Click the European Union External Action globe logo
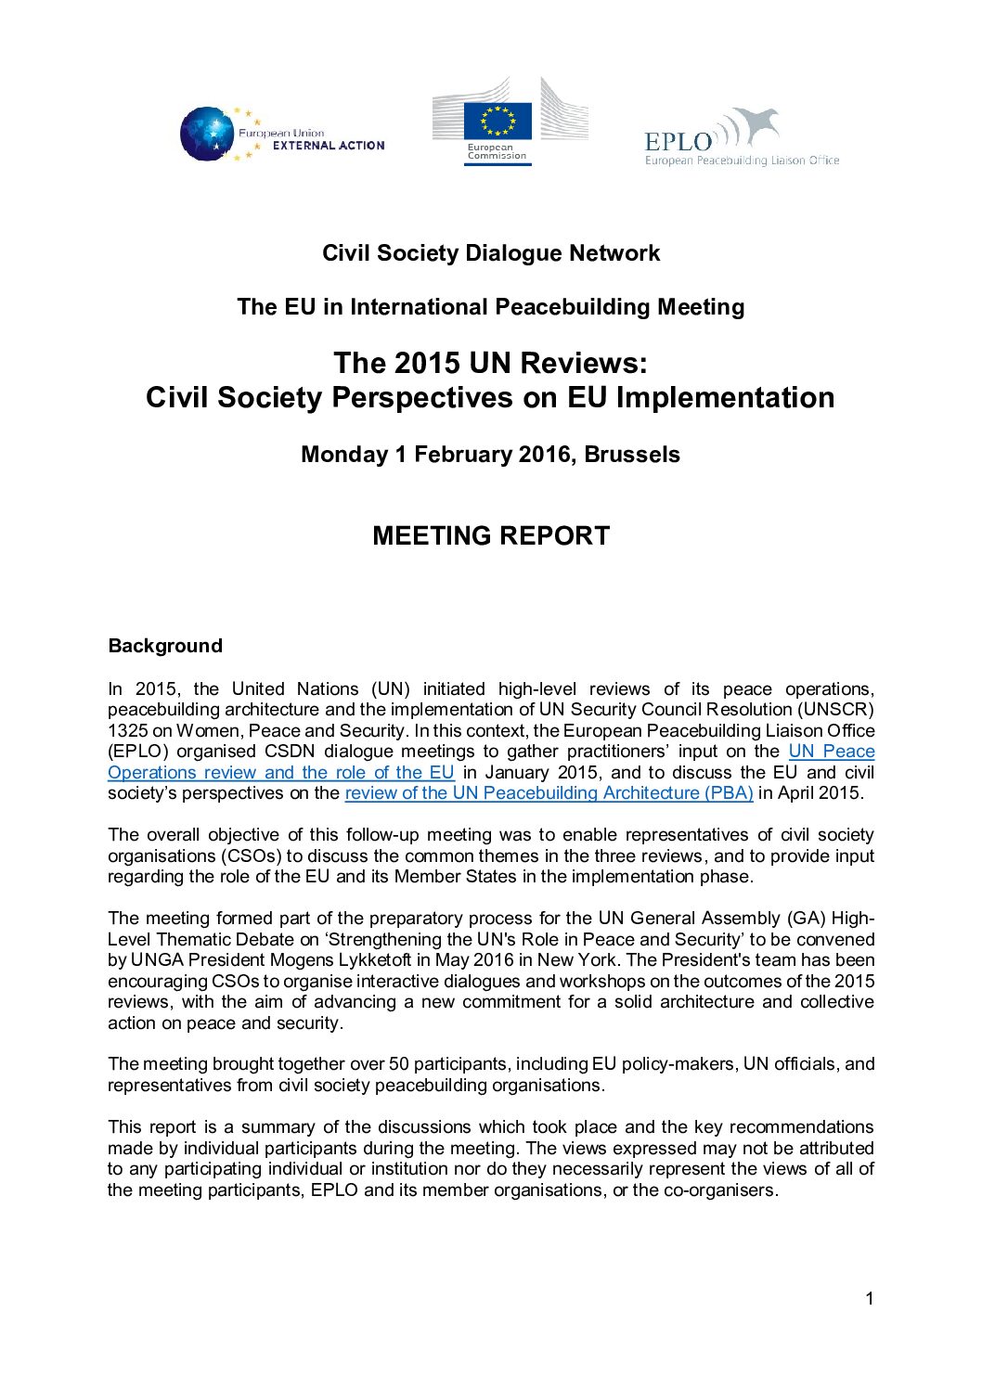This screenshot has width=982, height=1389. (207, 135)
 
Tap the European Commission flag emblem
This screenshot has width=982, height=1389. (497, 121)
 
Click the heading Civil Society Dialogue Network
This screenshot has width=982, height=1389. (491, 253)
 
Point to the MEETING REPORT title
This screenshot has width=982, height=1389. (491, 536)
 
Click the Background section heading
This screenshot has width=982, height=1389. (165, 646)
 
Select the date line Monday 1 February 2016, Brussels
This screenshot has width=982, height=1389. (490, 455)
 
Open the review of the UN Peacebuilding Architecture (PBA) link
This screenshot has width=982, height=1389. (549, 793)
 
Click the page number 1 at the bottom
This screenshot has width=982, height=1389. (870, 1299)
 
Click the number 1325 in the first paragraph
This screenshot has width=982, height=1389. (127, 731)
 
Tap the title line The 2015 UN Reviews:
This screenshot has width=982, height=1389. (490, 363)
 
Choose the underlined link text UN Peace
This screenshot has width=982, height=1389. (831, 752)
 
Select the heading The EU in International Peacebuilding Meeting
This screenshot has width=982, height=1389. (490, 307)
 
